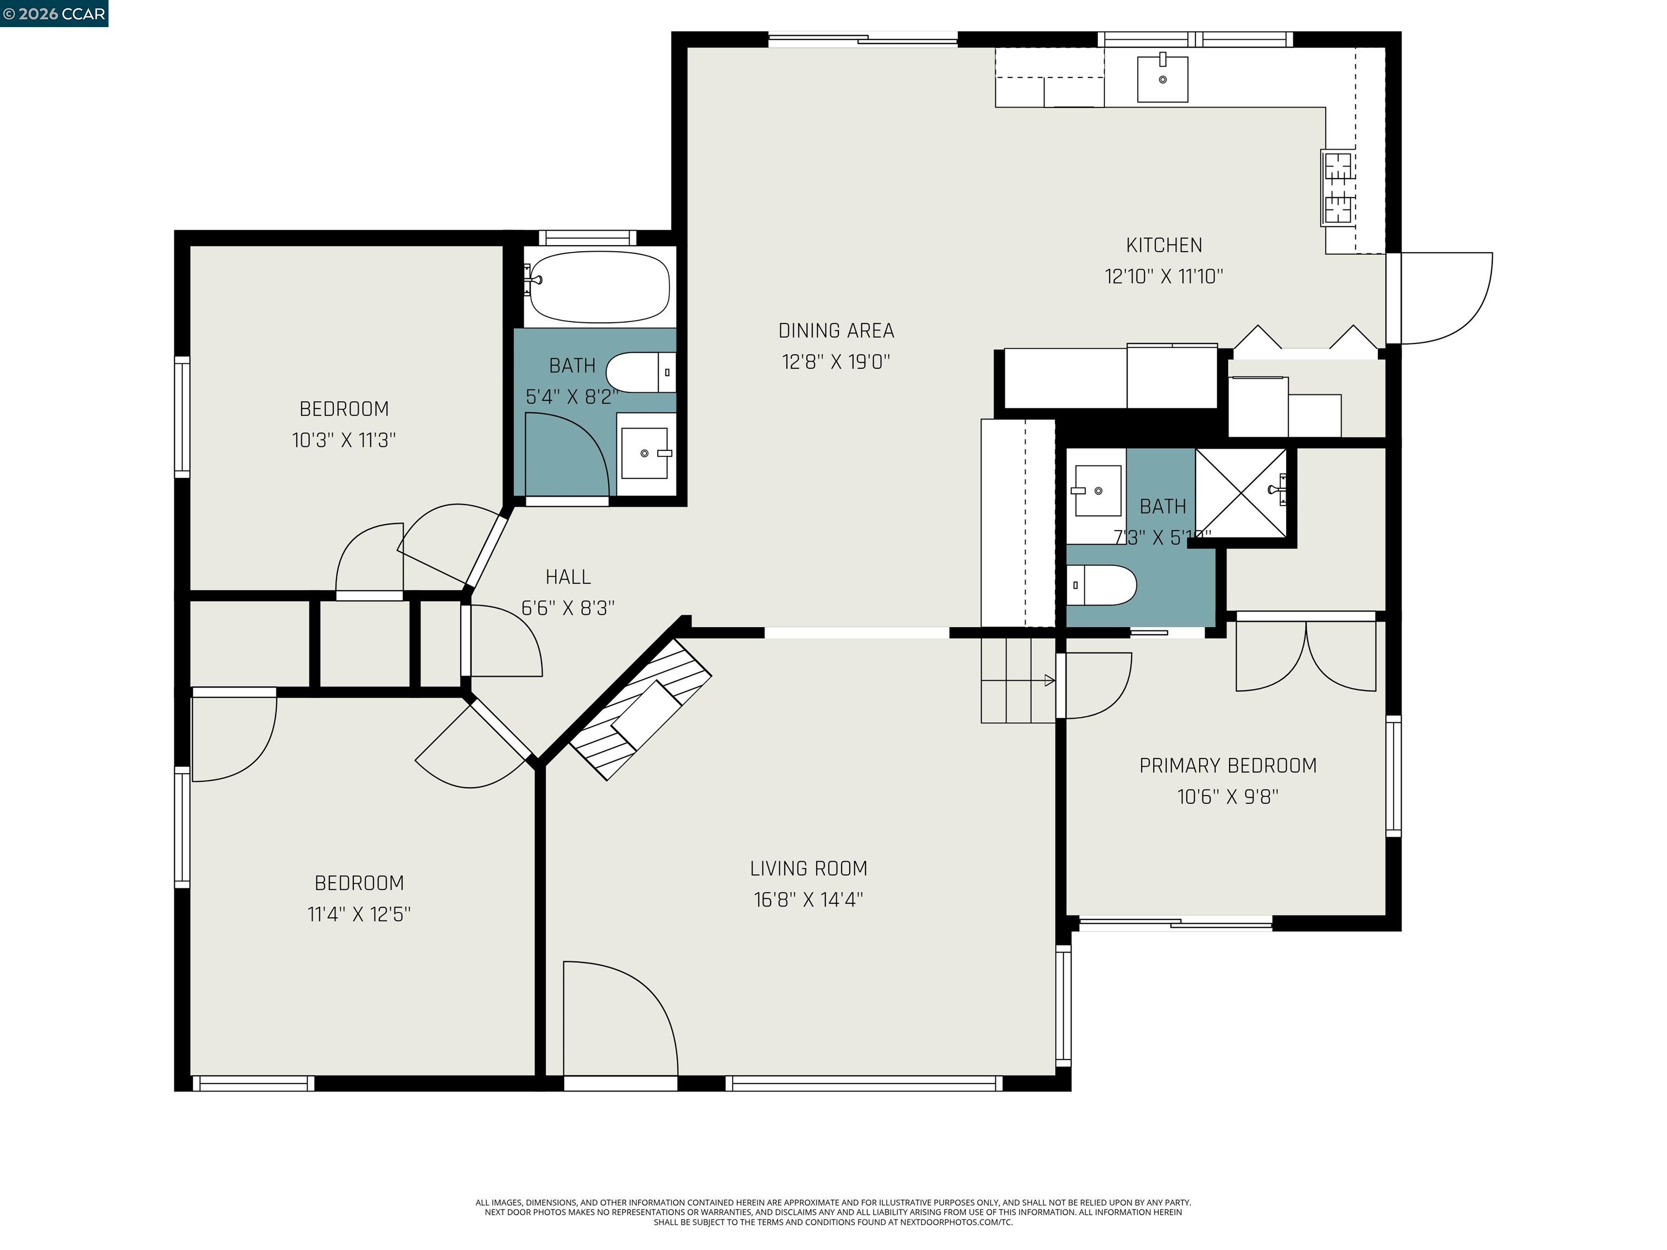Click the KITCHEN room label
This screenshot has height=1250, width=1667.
point(1163,245)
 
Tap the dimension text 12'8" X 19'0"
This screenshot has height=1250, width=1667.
point(836,362)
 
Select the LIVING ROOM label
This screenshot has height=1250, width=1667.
point(808,868)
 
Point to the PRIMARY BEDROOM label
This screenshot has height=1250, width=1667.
point(1227,766)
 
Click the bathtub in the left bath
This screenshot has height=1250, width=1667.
point(600,287)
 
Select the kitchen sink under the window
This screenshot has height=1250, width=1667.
point(1162,78)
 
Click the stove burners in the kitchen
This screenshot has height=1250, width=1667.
point(1338,188)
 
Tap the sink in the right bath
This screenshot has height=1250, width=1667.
point(1097,490)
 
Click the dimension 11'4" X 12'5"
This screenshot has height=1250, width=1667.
point(359,914)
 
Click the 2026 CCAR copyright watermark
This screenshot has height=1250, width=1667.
point(54,14)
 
